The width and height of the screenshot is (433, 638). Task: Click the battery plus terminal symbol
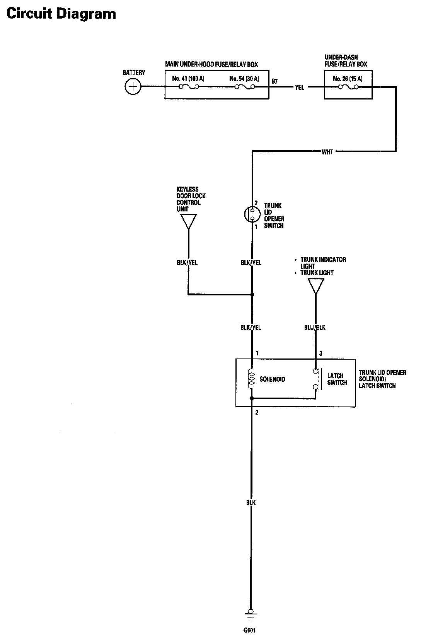tap(133, 86)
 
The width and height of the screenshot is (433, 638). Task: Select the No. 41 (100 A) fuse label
tap(188, 79)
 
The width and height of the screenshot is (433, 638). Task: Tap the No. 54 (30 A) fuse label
tap(244, 79)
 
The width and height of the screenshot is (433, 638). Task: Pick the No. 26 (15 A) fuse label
tap(348, 79)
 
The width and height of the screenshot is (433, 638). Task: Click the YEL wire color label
tap(300, 87)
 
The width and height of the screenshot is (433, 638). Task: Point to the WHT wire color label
tap(327, 152)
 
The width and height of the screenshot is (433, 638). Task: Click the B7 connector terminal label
tap(274, 81)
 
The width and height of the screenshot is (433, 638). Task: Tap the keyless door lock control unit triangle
tap(188, 221)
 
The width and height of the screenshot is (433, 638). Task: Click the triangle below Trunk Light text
tap(316, 286)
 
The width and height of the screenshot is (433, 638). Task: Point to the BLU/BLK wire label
tap(315, 328)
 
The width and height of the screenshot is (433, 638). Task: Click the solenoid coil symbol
tap(252, 379)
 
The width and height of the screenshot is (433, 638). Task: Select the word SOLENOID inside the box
tap(272, 379)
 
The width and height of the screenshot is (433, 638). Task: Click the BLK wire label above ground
tap(251, 503)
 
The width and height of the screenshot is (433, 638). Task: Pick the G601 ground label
tap(249, 630)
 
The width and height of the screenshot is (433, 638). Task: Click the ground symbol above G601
tap(250, 615)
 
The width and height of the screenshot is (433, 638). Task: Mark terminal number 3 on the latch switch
tap(320, 353)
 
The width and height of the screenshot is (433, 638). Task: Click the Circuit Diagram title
tap(61, 14)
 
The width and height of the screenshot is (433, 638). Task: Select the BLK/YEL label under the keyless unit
tap(187, 262)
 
